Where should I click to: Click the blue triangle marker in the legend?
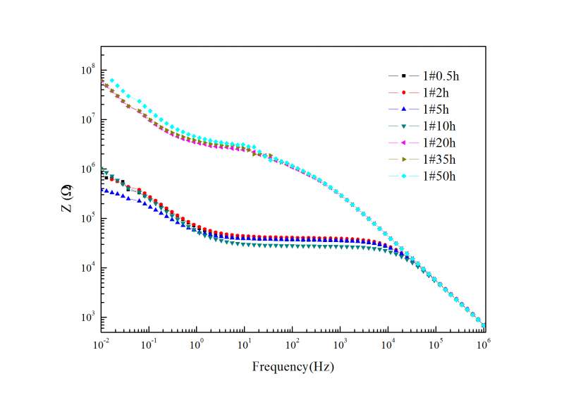[x=403, y=109]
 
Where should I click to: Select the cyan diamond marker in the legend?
[x=403, y=176]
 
